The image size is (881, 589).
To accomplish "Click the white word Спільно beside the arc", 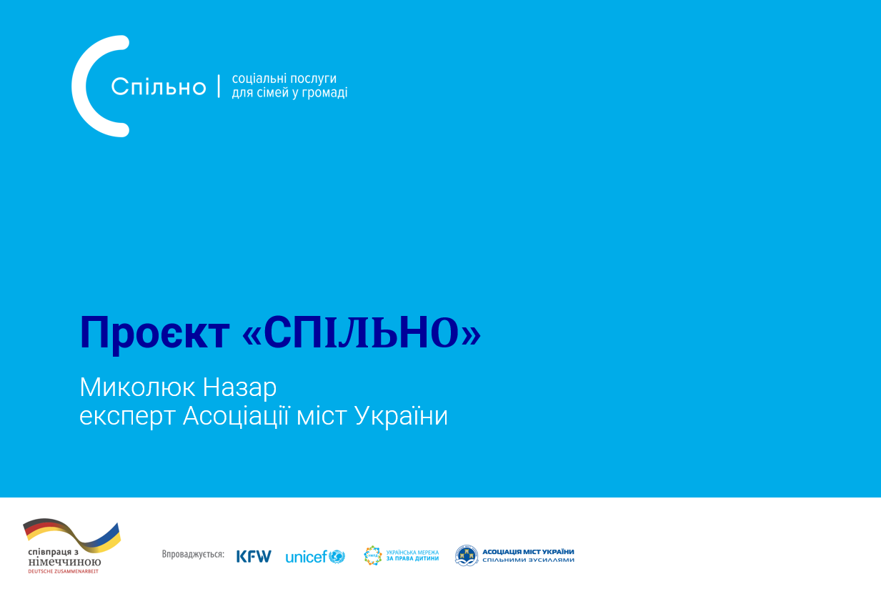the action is [159, 86].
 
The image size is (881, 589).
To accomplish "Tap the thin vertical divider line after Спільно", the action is [219, 86].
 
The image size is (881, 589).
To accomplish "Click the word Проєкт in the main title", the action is [154, 333].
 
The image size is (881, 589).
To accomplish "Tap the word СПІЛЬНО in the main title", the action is [362, 332].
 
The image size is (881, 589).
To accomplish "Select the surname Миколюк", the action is [138, 387].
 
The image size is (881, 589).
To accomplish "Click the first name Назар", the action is [239, 388].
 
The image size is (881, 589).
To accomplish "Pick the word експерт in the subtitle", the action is [127, 416].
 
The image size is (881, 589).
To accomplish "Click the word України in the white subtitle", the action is [401, 415].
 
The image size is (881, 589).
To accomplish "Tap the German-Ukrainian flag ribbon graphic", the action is [72, 536].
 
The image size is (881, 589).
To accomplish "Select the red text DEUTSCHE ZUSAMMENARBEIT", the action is [64, 571].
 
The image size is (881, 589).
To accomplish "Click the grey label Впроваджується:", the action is [193, 555].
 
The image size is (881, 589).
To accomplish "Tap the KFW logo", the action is [254, 556].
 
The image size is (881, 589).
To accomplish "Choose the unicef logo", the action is [315, 557].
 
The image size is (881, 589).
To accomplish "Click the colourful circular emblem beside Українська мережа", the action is [373, 555].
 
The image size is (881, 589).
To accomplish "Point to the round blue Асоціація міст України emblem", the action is [467, 555].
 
